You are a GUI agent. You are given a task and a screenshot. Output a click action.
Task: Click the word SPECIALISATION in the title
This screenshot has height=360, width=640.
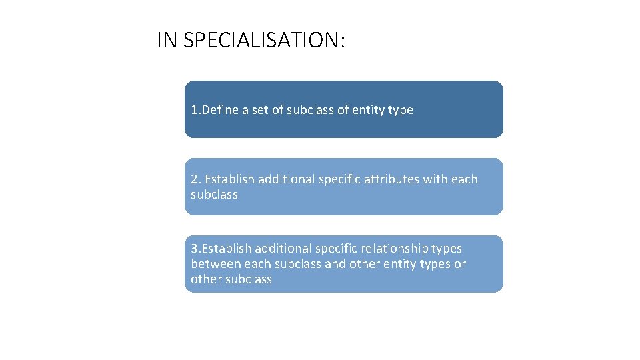click(264, 41)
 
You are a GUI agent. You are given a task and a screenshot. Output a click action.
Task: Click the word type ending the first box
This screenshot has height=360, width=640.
click(401, 110)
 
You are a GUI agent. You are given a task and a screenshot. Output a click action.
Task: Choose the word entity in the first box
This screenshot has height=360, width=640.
click(367, 110)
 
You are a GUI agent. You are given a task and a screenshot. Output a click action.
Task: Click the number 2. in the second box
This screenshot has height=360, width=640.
click(196, 179)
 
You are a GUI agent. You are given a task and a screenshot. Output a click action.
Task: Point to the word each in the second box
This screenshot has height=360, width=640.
click(465, 179)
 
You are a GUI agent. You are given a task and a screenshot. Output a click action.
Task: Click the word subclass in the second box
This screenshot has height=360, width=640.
click(214, 195)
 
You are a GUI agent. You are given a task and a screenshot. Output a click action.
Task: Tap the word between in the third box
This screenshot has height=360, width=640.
click(213, 264)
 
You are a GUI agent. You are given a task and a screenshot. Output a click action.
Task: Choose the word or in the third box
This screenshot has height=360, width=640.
click(460, 264)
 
